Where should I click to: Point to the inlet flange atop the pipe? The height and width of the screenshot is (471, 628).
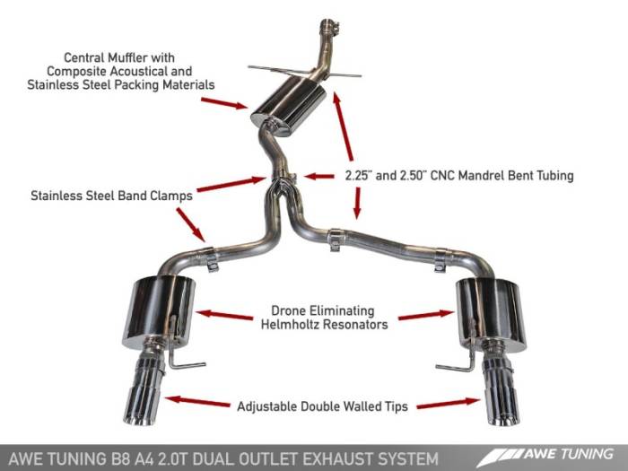(328, 25)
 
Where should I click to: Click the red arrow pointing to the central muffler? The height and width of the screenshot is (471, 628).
(223, 102)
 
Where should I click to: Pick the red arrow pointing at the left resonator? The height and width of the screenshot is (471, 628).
(224, 315)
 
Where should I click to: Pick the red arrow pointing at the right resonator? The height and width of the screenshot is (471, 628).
(425, 315)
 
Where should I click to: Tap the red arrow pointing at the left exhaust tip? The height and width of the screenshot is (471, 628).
(199, 402)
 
